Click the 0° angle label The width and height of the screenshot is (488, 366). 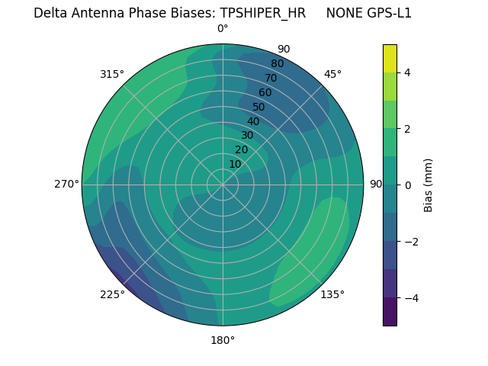pos(223,29)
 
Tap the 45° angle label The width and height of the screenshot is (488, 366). pos(332,74)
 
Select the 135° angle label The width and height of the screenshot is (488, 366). pos(332,294)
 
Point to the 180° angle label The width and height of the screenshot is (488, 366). pos(223,340)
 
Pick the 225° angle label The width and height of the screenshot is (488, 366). pos(112,295)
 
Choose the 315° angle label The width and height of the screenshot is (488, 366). pos(112,74)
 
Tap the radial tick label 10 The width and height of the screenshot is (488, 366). pos(235,164)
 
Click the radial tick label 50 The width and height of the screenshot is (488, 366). pos(259,107)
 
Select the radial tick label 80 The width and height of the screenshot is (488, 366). pos(277,64)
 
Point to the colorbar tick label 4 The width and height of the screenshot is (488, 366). pos(407,72)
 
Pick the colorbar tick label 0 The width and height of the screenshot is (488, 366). pos(407,185)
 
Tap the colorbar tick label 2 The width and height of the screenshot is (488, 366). pos(407,129)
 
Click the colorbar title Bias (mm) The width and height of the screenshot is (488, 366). pos(429,185)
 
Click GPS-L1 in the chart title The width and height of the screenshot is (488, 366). pos(389,13)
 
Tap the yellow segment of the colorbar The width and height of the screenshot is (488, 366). pos(390,58)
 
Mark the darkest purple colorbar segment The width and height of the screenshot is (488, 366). pos(390,312)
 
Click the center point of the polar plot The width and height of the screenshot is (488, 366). pos(223,185)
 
